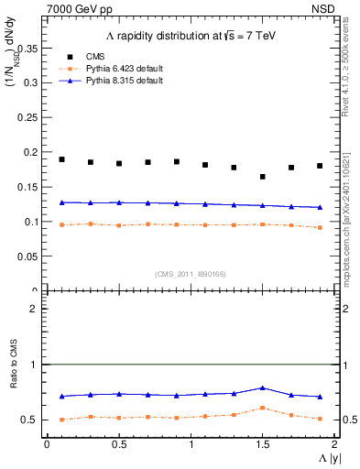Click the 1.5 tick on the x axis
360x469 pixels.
[x=262, y=443]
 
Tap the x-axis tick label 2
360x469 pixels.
[x=335, y=443]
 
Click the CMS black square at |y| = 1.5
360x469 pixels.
[x=263, y=177]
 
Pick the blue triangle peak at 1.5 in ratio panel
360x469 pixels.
[x=263, y=388]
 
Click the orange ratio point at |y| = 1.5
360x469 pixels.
[x=263, y=408]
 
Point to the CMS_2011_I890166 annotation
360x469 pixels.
[x=190, y=273]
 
